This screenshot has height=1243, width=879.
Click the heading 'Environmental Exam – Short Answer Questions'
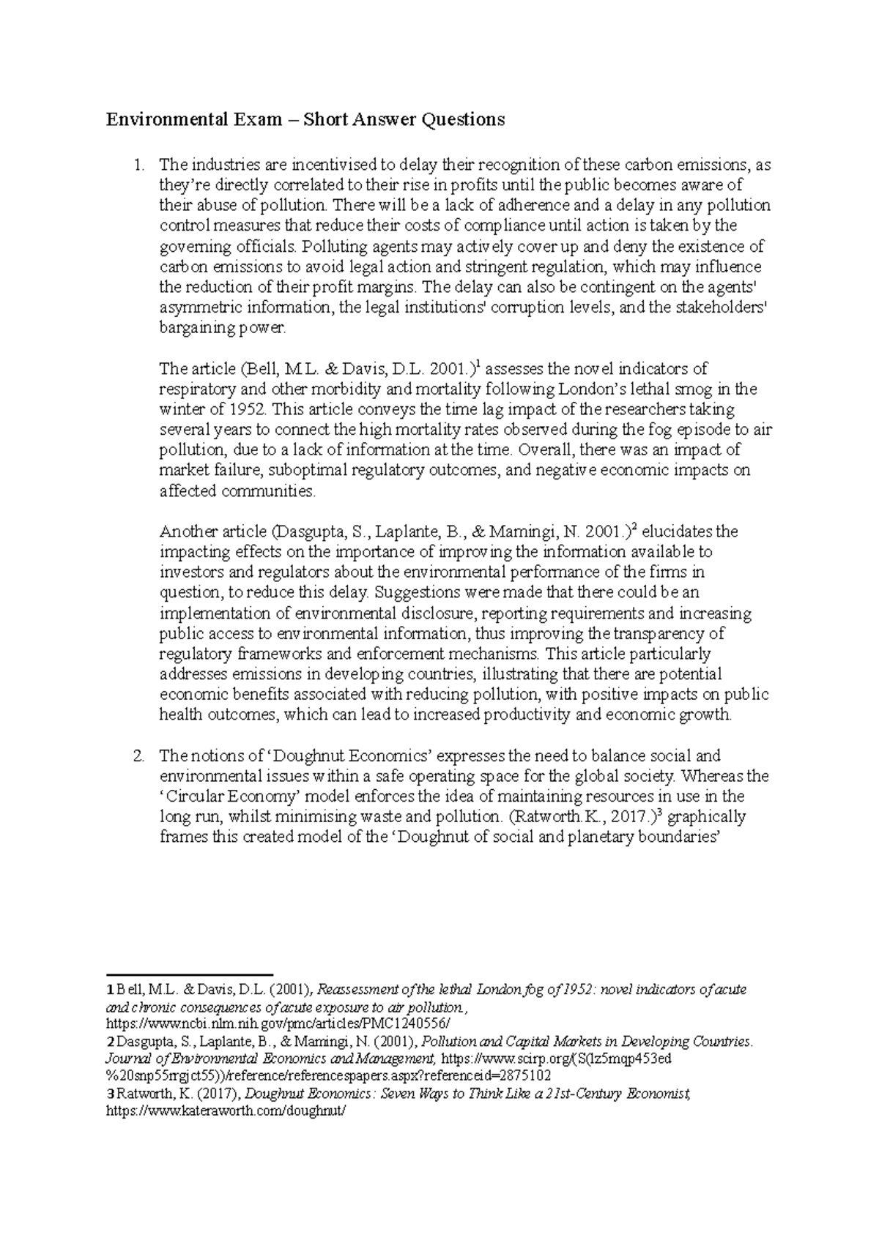point(305,119)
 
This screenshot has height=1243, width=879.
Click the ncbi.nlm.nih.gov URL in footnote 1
point(279,1023)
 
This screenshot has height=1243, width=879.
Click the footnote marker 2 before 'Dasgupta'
point(110,1041)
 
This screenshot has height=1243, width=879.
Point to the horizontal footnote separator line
point(190,975)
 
